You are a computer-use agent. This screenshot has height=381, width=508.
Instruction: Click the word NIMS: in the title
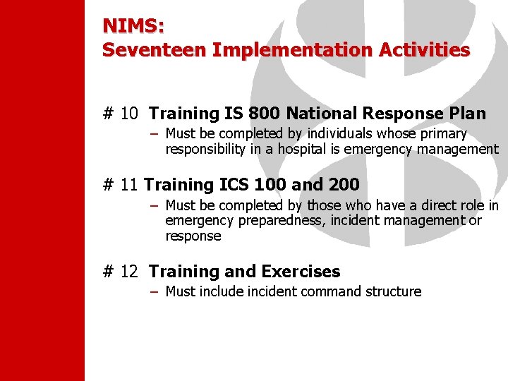click(x=133, y=26)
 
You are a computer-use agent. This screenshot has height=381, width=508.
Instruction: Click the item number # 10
click(x=120, y=114)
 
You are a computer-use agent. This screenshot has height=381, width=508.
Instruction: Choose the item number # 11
click(x=120, y=185)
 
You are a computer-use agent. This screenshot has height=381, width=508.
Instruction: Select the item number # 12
click(x=120, y=272)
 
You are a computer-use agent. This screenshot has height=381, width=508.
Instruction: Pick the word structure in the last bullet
click(x=394, y=291)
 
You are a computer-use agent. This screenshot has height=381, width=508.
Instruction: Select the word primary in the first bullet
click(x=441, y=134)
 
